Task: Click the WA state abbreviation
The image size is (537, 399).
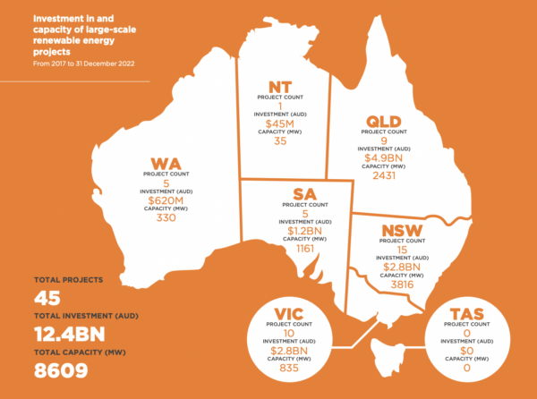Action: tap(166, 164)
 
